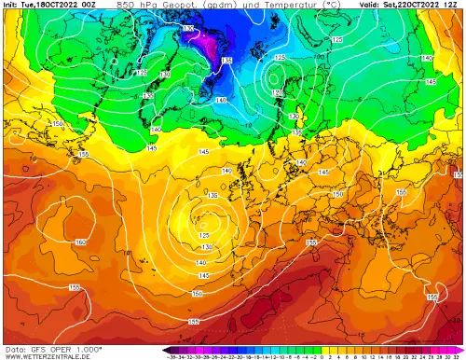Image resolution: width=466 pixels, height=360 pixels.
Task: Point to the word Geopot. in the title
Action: point(173,5)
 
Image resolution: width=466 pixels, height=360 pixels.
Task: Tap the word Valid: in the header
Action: point(369,5)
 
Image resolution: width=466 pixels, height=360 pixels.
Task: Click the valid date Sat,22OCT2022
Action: point(416,5)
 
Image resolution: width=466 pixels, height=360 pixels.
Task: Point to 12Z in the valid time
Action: point(457,5)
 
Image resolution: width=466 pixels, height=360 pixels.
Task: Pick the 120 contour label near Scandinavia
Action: point(277,92)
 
